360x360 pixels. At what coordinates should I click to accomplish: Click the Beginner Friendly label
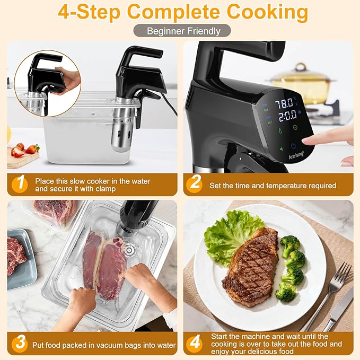(x=183, y=31)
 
